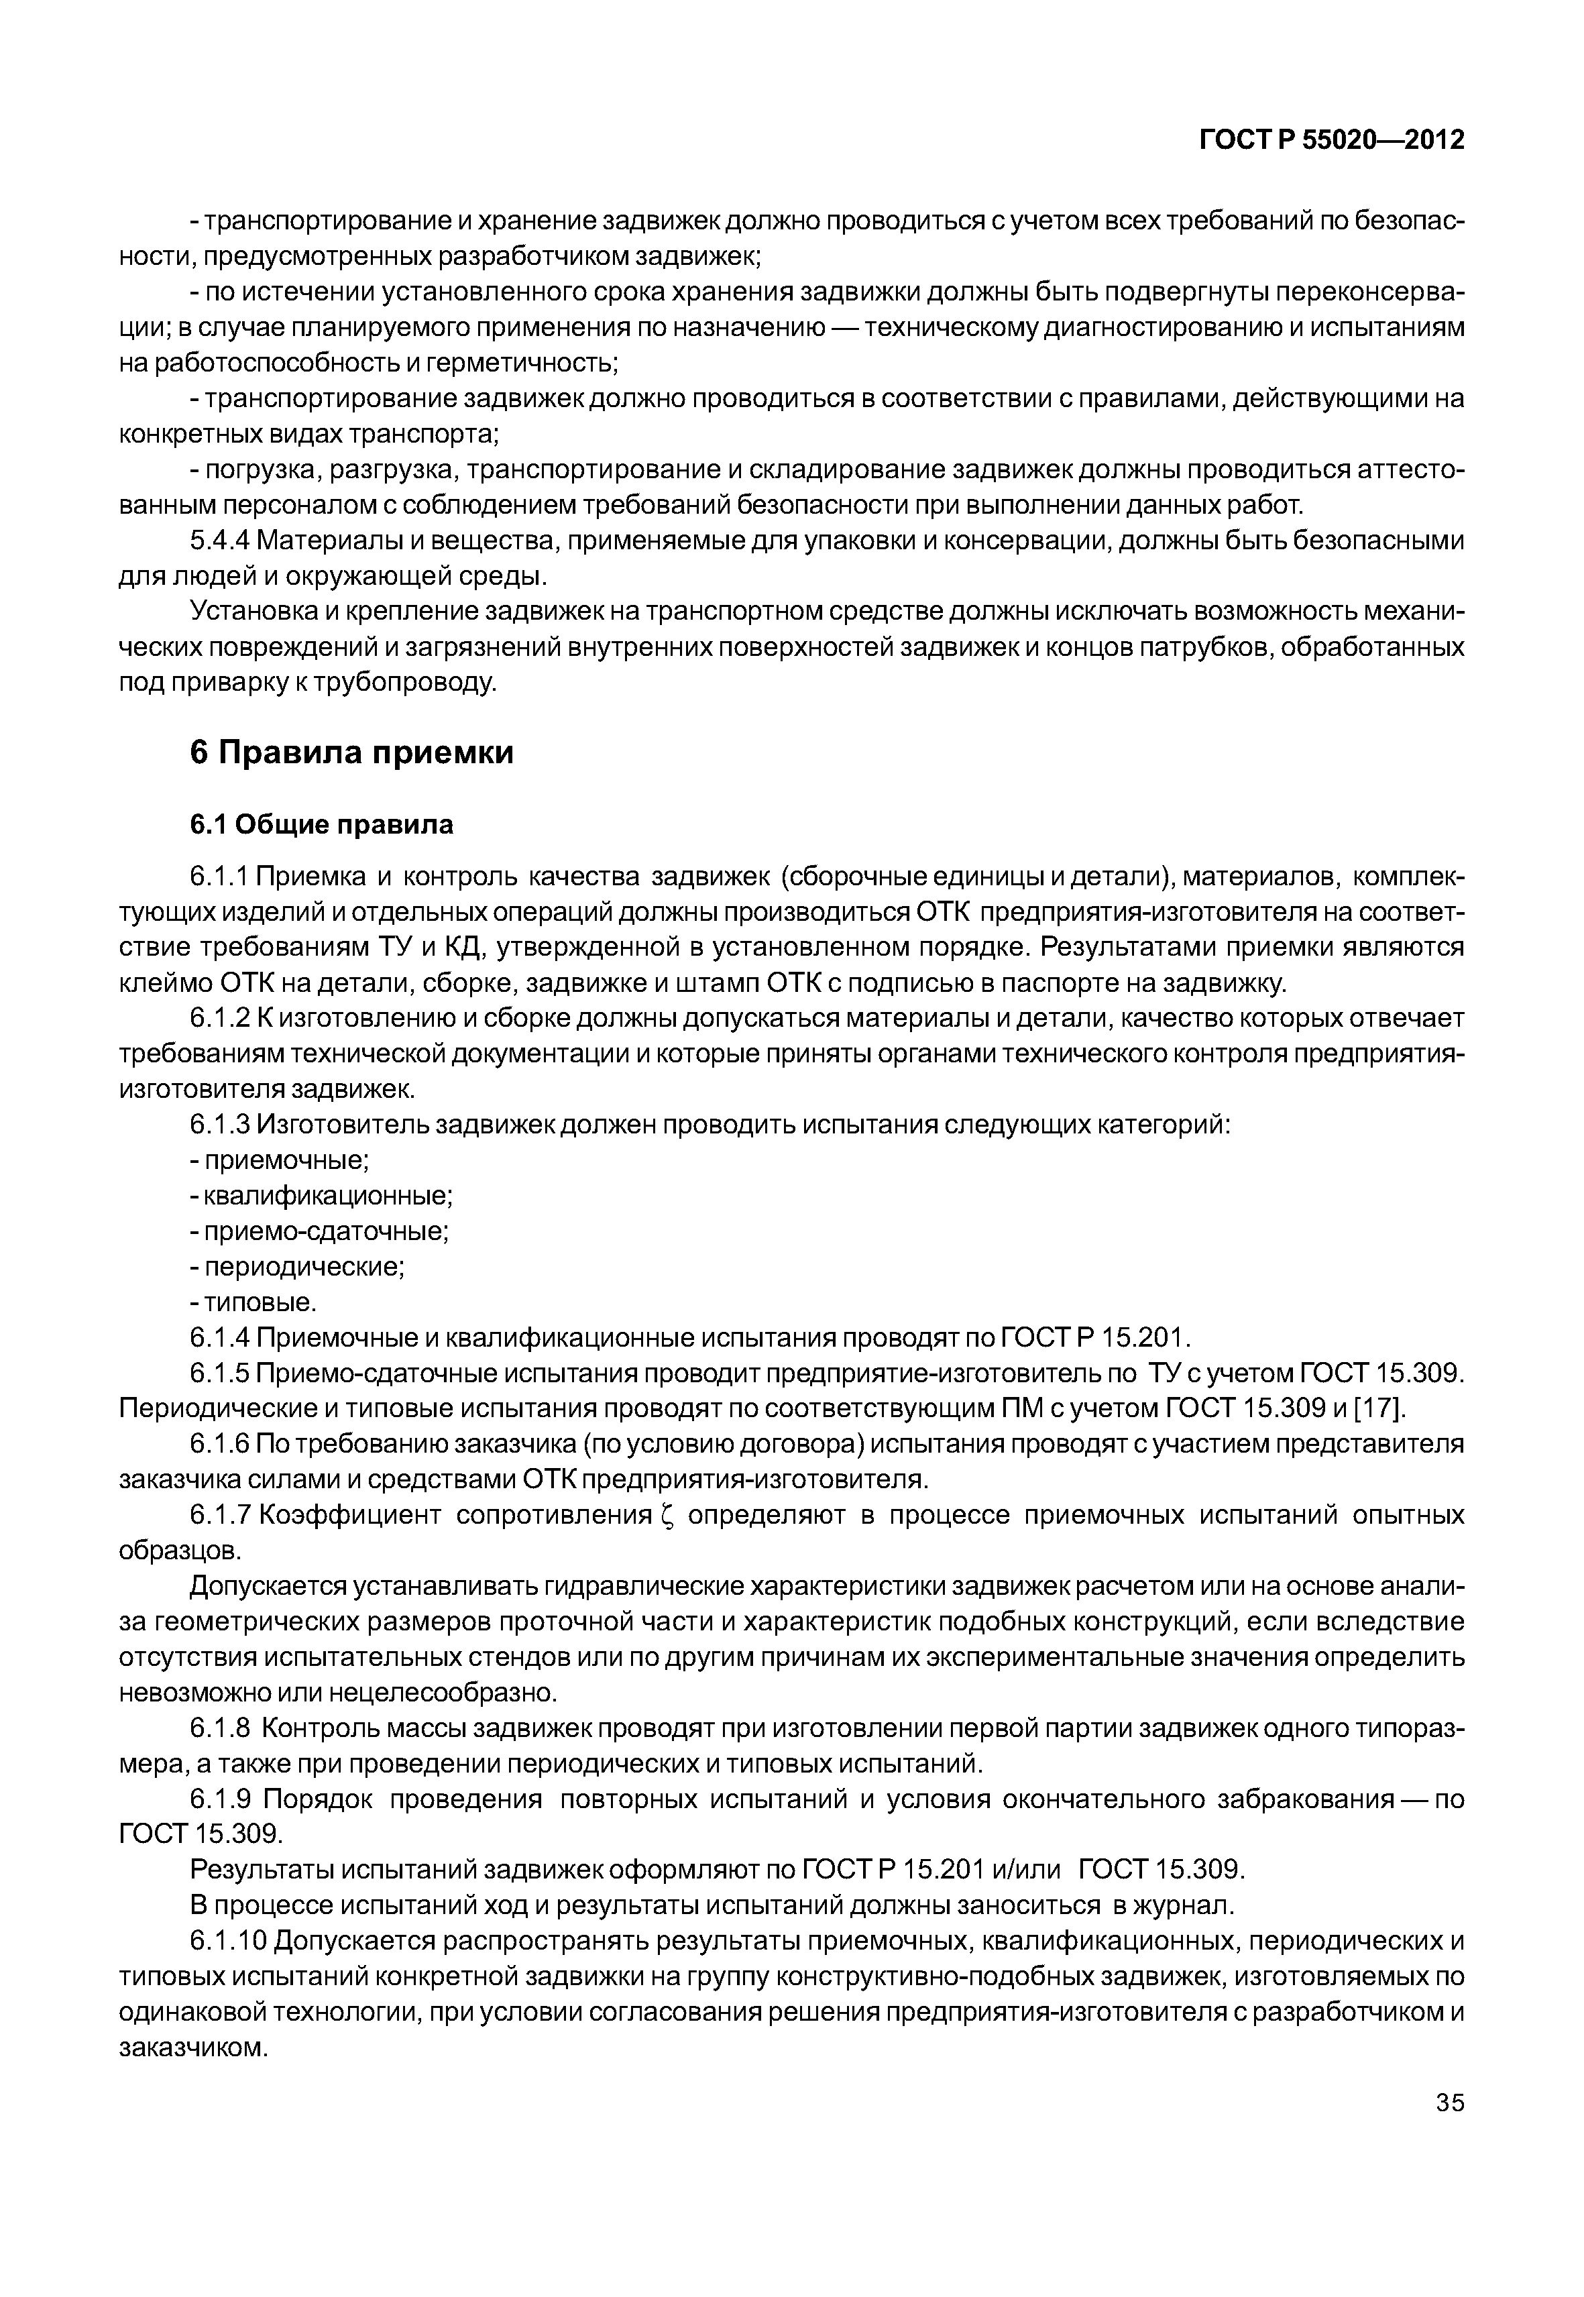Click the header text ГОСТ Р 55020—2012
[x=1332, y=140]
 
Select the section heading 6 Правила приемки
[x=351, y=752]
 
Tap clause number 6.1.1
[x=221, y=877]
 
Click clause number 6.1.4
[x=221, y=1337]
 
